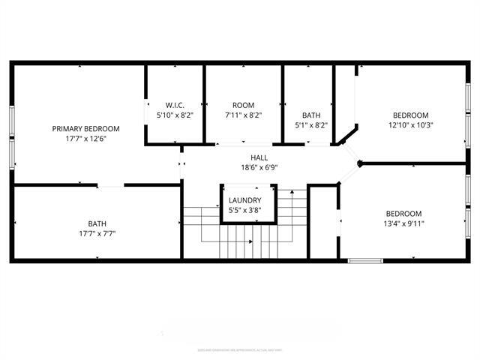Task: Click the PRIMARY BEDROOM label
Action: tap(85, 128)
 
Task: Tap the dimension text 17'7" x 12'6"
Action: tap(85, 139)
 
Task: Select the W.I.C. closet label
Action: tap(175, 105)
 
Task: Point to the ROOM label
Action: tap(244, 105)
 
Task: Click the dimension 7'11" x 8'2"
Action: tap(244, 115)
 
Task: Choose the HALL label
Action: tap(259, 157)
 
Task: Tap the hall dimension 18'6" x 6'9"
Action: tap(259, 167)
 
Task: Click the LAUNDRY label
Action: tap(245, 200)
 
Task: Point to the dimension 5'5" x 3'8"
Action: tap(245, 211)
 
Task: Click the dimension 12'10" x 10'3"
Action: tap(410, 125)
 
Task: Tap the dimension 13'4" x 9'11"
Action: tap(404, 223)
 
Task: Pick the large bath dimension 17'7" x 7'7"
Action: tap(97, 233)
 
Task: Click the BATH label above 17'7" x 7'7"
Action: tap(97, 223)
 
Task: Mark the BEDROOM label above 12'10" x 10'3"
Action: tap(410, 115)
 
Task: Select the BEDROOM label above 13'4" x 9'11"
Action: tap(404, 212)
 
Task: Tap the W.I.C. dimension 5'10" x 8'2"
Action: tap(175, 115)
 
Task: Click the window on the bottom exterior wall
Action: tap(365, 260)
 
